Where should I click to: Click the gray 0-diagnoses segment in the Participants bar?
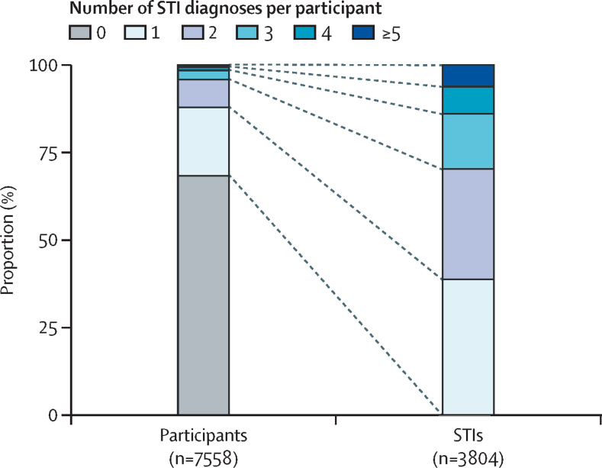tap(204, 295)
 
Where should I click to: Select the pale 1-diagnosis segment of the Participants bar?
tap(204, 141)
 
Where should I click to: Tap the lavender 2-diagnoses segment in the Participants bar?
tap(204, 93)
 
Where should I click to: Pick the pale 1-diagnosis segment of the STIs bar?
tap(468, 347)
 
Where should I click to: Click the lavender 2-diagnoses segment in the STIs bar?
tap(468, 224)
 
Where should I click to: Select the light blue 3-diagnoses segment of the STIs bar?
tap(468, 141)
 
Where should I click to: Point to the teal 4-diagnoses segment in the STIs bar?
tap(468, 100)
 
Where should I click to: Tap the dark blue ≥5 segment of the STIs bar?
tap(468, 76)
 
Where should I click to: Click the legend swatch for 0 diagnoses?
tap(80, 32)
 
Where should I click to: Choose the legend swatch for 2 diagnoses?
tap(193, 32)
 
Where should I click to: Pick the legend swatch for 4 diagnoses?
tap(305, 32)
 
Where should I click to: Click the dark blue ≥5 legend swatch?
tap(363, 32)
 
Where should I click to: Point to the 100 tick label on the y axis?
tap(43, 66)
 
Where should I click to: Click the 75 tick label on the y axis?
tap(49, 153)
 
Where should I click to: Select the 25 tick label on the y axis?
tap(49, 328)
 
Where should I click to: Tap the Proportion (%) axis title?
tap(8, 240)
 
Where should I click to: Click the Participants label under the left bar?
tap(204, 436)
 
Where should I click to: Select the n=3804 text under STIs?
tap(468, 459)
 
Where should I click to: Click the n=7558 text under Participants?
tap(204, 459)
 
